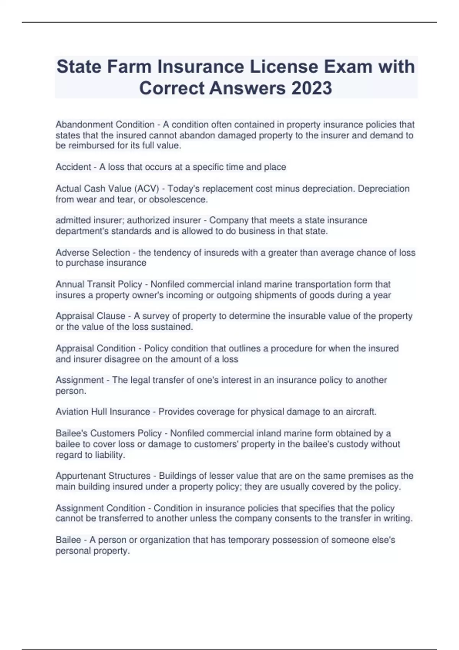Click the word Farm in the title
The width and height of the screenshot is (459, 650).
click(129, 67)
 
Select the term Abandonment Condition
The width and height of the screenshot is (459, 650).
click(105, 125)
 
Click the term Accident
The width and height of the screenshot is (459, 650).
click(73, 167)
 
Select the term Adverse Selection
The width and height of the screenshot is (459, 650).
click(93, 253)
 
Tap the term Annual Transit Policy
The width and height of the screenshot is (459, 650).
click(99, 284)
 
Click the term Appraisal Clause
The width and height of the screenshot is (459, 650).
click(90, 316)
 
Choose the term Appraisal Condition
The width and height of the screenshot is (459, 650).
click(95, 348)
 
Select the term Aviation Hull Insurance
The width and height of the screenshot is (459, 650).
click(103, 412)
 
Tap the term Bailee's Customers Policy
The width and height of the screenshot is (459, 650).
click(109, 433)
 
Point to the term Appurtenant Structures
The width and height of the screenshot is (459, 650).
click(103, 476)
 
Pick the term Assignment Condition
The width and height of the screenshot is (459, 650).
click(100, 508)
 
